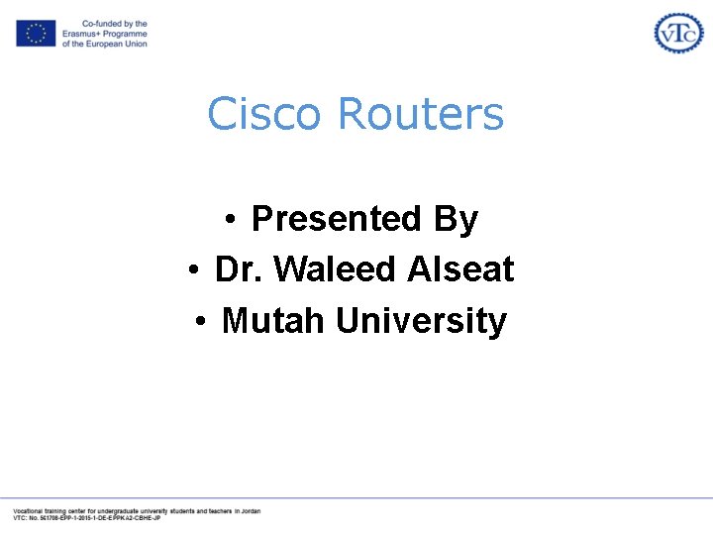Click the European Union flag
pyautogui.click(x=36, y=34)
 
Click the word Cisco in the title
pyautogui.click(x=264, y=114)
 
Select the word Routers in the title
pyautogui.click(x=421, y=114)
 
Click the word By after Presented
pyautogui.click(x=456, y=219)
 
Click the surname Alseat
pyautogui.click(x=460, y=269)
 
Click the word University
pyautogui.click(x=421, y=321)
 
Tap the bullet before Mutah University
pyautogui.click(x=200, y=322)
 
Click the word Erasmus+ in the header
pyautogui.click(x=82, y=34)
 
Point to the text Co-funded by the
pyautogui.click(x=114, y=24)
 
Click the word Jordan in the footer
pyautogui.click(x=249, y=511)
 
